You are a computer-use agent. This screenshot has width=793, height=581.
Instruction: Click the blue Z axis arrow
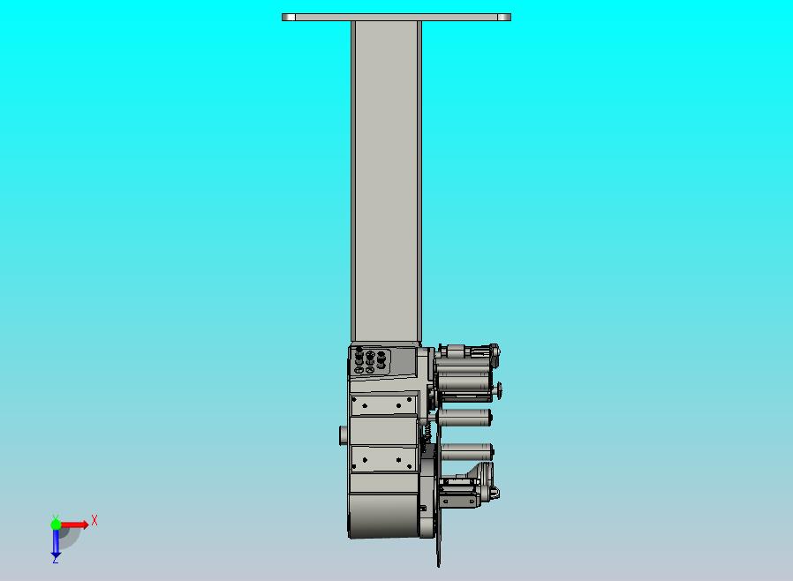(56, 543)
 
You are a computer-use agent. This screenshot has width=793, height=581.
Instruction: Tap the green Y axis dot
(56, 524)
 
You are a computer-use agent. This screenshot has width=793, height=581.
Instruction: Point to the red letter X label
(94, 521)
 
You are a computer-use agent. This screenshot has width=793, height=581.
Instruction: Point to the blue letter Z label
(55, 560)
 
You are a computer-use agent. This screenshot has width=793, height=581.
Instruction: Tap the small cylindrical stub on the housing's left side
(343, 434)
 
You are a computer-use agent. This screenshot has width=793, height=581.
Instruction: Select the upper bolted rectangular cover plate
(383, 404)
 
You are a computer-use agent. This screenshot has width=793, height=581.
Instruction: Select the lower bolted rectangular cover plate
(383, 459)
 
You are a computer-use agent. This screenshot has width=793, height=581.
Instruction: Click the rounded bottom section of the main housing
(383, 517)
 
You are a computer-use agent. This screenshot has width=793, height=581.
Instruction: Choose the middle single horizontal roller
(464, 417)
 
